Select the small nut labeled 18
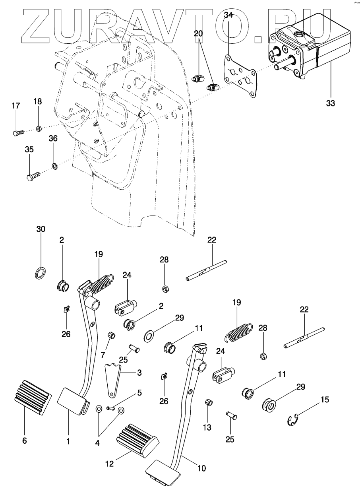tap(39, 128)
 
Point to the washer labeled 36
tap(54, 165)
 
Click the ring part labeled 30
tap(40, 273)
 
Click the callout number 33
tap(331, 103)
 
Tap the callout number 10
tap(201, 468)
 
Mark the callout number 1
tap(68, 441)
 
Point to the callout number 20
tap(198, 34)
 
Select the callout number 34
tap(228, 15)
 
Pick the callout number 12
tap(109, 463)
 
